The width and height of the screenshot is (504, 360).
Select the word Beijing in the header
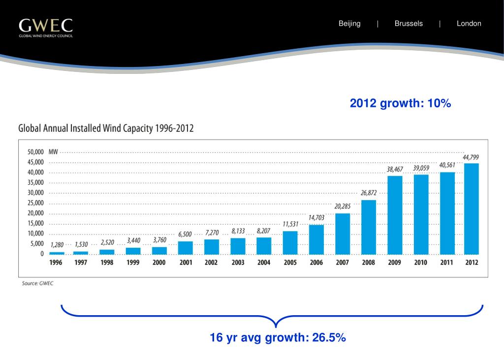pyautogui.click(x=349, y=24)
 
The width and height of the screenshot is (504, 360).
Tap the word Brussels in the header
pyautogui.click(x=409, y=24)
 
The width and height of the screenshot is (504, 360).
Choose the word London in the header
pyautogui.click(x=469, y=24)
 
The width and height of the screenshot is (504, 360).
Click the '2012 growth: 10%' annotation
pyautogui.click(x=400, y=103)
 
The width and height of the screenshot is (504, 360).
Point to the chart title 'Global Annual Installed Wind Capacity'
pyautogui.click(x=106, y=129)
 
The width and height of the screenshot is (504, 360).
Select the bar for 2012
pyautogui.click(x=472, y=208)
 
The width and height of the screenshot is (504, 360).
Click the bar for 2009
pyautogui.click(x=394, y=215)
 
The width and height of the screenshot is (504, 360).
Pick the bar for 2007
pyautogui.click(x=342, y=233)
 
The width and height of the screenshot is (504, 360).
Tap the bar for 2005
pyautogui.click(x=290, y=242)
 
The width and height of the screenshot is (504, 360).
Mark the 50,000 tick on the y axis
pyautogui.click(x=35, y=152)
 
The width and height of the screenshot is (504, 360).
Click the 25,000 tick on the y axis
pyautogui.click(x=35, y=203)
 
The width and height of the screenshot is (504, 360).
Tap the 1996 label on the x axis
pyautogui.click(x=56, y=263)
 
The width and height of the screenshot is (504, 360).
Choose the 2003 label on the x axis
pyautogui.click(x=238, y=263)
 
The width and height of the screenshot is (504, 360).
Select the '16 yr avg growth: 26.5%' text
pyautogui.click(x=278, y=338)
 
